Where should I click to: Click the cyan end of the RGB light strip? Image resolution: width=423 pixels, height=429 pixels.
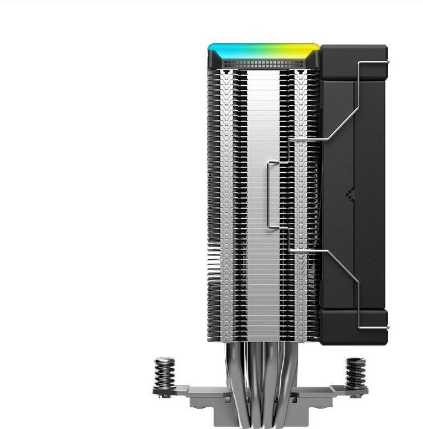coord(223,49)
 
